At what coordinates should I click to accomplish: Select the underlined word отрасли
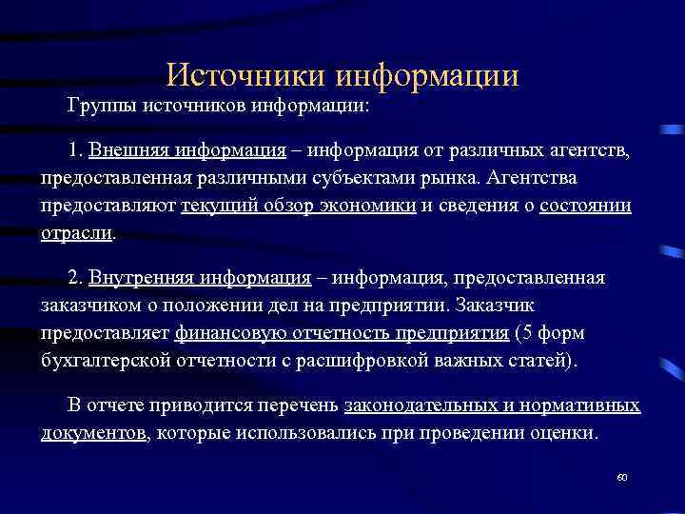point(76,232)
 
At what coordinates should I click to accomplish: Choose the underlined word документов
point(93,432)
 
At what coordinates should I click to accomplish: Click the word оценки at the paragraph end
point(567,432)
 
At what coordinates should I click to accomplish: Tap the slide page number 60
point(622,477)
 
